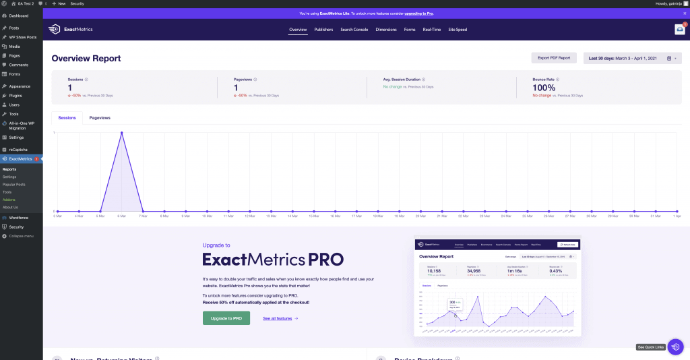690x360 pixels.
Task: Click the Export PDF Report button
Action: (x=554, y=58)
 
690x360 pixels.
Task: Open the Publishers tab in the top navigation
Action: (x=323, y=30)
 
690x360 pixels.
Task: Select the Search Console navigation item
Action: (x=354, y=30)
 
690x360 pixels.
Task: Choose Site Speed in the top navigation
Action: (x=458, y=30)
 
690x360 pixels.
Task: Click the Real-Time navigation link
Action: (x=432, y=30)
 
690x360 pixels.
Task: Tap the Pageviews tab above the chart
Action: (x=100, y=118)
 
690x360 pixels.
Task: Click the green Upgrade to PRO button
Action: (x=226, y=318)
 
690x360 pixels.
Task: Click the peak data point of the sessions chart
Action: (x=121, y=133)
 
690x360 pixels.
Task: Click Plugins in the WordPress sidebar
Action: (x=15, y=96)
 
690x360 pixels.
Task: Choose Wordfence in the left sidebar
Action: (x=18, y=218)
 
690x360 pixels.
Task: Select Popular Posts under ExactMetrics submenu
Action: (x=13, y=184)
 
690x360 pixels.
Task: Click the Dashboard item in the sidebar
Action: (x=18, y=15)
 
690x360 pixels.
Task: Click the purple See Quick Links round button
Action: (x=675, y=346)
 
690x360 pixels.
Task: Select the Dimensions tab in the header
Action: (x=386, y=30)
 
